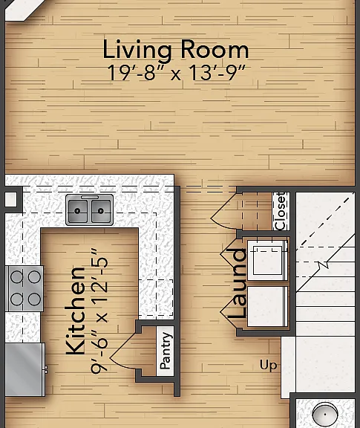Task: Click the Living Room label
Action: tap(176, 50)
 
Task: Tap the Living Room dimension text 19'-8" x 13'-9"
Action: tap(176, 73)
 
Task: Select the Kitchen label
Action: tap(75, 311)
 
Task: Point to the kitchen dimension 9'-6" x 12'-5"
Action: tap(99, 311)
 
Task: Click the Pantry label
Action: tap(166, 351)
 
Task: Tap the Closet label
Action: tap(281, 211)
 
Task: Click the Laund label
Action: tap(237, 283)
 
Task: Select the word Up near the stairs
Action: tap(269, 366)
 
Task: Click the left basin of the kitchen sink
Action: tap(78, 211)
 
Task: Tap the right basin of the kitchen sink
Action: tap(101, 211)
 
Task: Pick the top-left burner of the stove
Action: tap(17, 276)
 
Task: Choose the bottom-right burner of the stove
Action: tap(34, 299)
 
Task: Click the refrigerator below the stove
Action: tap(25, 369)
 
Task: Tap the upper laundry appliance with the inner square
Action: tap(267, 260)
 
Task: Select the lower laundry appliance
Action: tap(267, 307)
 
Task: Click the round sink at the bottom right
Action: tap(325, 414)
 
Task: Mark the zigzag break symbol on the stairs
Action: tap(324, 265)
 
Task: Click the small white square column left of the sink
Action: tap(10, 199)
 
